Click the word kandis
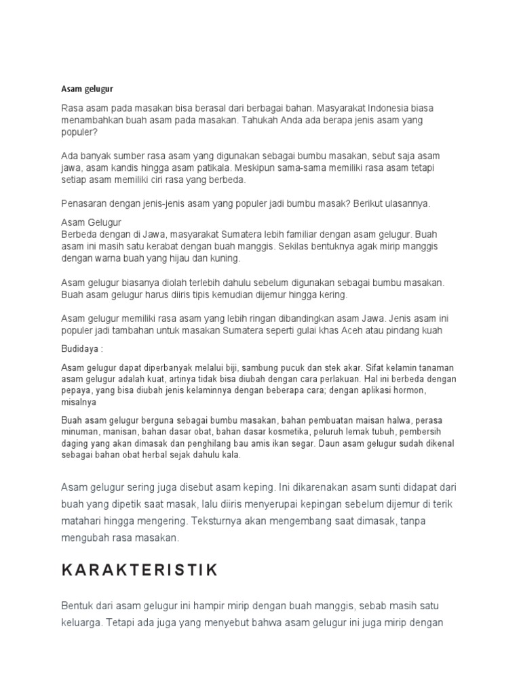pyautogui.click(x=128, y=168)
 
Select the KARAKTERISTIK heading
pyautogui.click(x=140, y=570)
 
